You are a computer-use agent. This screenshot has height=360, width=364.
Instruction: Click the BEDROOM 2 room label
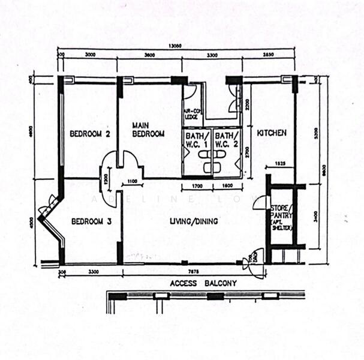89,134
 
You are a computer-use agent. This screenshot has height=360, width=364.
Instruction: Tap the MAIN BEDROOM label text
148,130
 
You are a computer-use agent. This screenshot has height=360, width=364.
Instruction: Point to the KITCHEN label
272,133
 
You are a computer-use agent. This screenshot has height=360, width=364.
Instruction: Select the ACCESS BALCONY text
203,283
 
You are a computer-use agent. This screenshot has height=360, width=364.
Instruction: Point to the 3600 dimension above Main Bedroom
149,55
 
